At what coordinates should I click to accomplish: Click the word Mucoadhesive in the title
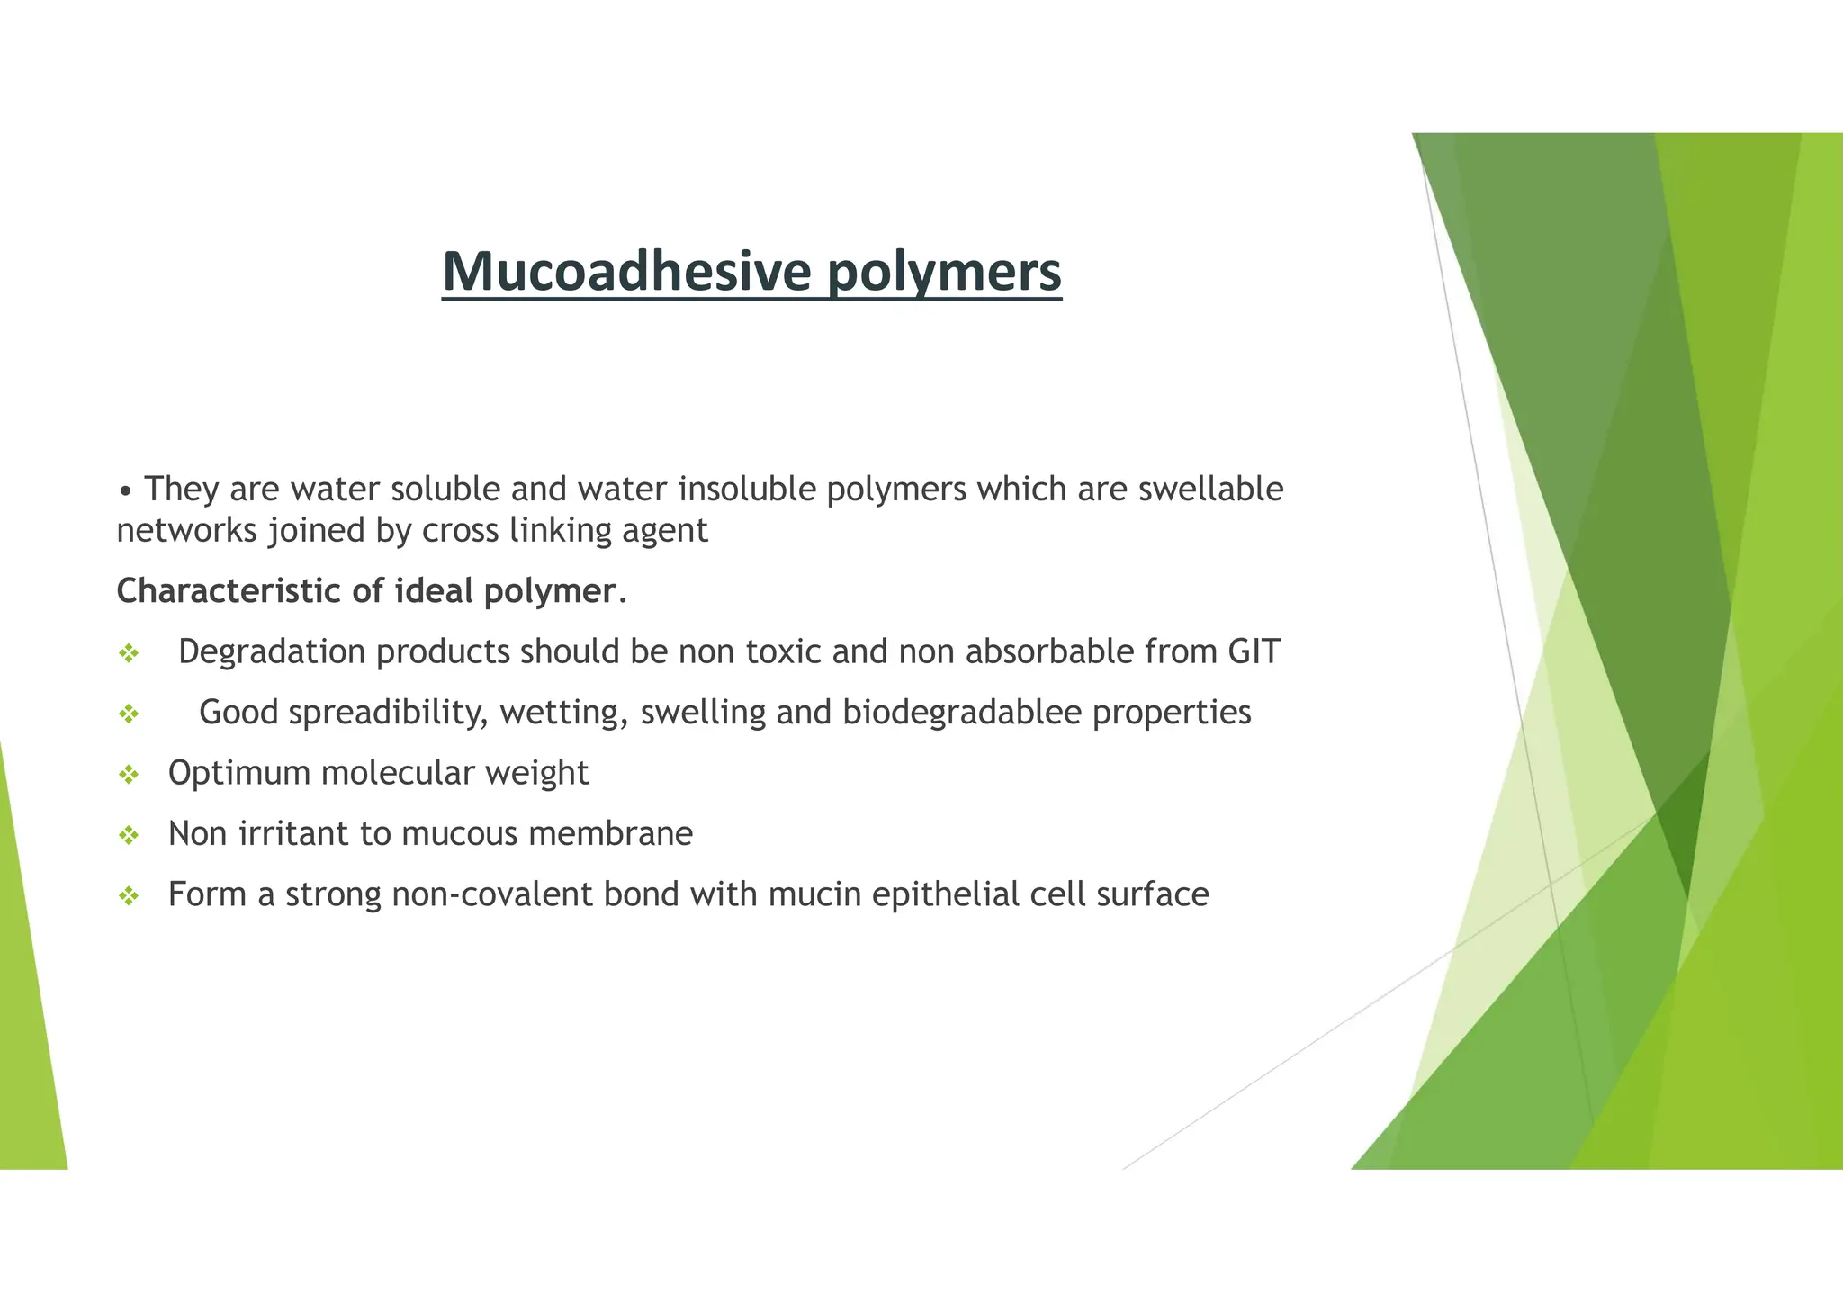625,271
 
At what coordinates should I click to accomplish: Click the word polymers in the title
944,273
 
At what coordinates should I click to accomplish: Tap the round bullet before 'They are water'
127,491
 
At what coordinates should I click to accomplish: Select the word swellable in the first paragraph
1210,489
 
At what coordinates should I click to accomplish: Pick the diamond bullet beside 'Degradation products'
129,654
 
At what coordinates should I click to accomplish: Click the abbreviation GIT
1254,651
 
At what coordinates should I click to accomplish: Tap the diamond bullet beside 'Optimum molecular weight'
129,775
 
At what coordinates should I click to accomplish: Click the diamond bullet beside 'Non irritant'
129,836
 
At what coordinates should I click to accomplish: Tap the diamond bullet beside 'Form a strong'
129,896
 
